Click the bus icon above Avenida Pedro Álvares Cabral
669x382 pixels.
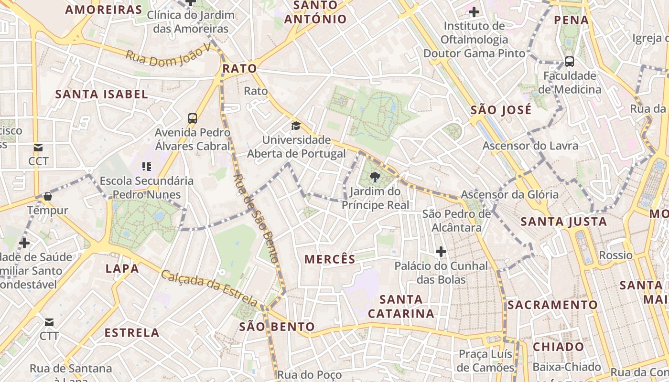coord(193,118)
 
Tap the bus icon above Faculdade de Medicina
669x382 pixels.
coord(569,61)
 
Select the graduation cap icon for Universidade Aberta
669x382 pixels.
coord(296,126)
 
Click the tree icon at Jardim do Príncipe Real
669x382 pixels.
coord(375,178)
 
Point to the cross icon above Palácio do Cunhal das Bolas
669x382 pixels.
coord(441,251)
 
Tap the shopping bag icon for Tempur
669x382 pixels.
coord(47,196)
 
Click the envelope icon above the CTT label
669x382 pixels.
coord(49,322)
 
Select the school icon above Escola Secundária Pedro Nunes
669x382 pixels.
coord(146,167)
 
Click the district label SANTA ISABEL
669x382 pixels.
coord(101,94)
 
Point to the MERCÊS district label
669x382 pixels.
coord(330,259)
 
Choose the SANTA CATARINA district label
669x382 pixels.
coord(401,307)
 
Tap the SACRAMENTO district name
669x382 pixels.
coord(552,305)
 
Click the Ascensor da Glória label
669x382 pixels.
coord(509,194)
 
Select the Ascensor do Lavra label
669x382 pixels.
coord(530,146)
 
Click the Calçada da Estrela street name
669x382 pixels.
coord(209,288)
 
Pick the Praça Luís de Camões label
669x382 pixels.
coord(486,361)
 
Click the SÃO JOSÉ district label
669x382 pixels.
coord(501,110)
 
